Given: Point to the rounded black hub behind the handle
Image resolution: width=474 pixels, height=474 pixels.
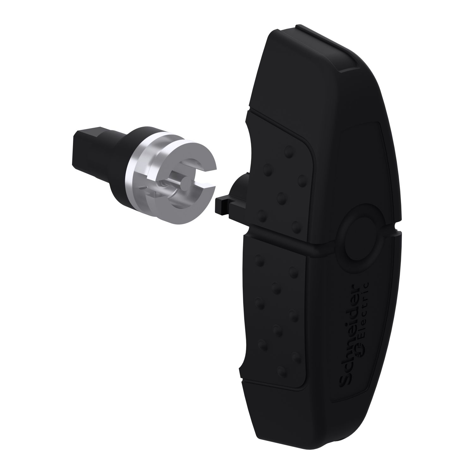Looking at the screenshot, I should (x=239, y=190).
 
